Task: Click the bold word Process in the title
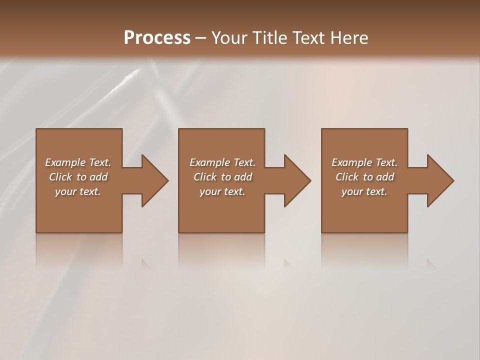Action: [157, 38]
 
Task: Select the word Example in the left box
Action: [65, 162]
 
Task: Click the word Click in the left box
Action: [60, 177]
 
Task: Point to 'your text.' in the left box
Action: [78, 191]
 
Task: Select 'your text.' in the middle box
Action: [222, 191]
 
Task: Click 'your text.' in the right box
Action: [364, 191]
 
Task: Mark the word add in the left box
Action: [98, 177]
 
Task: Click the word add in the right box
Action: [385, 177]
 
